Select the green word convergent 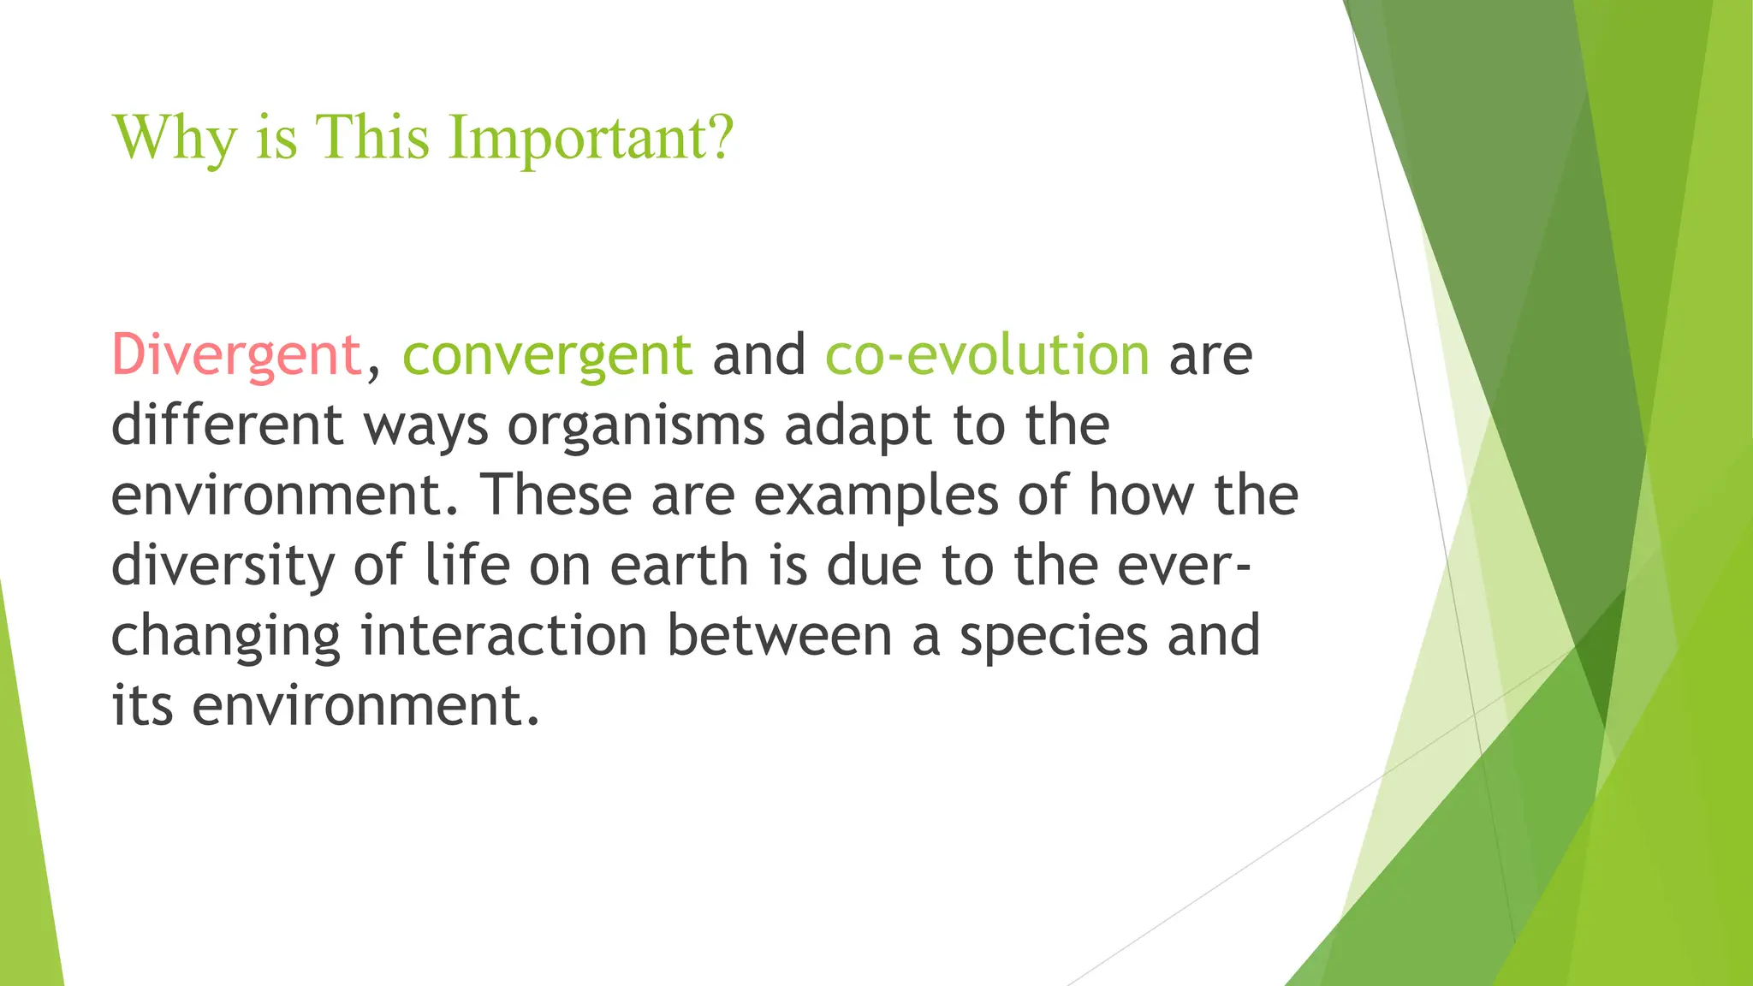547,354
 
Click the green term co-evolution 987,354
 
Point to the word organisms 636,426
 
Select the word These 554,495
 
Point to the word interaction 503,636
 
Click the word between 779,636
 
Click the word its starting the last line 142,706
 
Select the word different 228,425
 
